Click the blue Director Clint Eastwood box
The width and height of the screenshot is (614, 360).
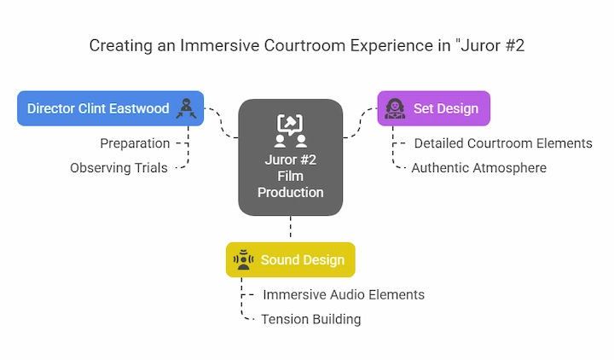coord(110,108)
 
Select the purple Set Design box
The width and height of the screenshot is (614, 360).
coord(434,108)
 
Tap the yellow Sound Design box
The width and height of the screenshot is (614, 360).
coord(291,259)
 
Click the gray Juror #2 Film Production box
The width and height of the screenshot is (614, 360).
coord(291,157)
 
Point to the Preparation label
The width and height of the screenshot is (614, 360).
coord(135,143)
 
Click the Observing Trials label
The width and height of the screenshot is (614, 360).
coord(119,168)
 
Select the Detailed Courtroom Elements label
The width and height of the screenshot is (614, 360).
coord(503,143)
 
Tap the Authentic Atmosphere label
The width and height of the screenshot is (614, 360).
coord(479,168)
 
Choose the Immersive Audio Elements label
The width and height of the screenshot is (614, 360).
coord(344,294)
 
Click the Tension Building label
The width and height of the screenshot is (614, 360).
coord(311,319)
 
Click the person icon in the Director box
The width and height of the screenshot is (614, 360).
coord(187,108)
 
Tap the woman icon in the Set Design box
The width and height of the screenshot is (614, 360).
coord(395,108)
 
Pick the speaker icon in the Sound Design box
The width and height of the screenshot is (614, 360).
coord(243,259)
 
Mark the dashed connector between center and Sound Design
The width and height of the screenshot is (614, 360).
coord(291,226)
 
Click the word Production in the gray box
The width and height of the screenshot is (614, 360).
coord(291,192)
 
